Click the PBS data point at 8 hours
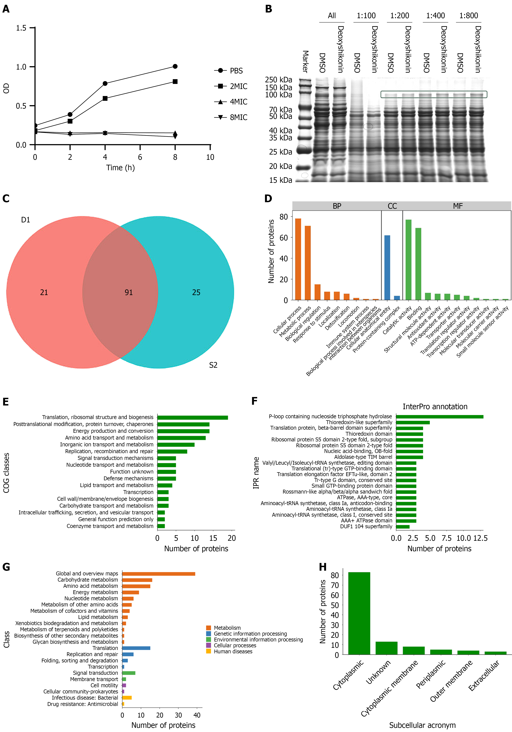[175, 66]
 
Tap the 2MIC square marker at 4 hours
[105, 99]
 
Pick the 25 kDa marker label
[281, 152]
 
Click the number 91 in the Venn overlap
[129, 292]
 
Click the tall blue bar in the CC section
[387, 268]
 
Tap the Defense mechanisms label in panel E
[128, 478]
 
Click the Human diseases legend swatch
[209, 651]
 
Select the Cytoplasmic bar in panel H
[359, 613]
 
